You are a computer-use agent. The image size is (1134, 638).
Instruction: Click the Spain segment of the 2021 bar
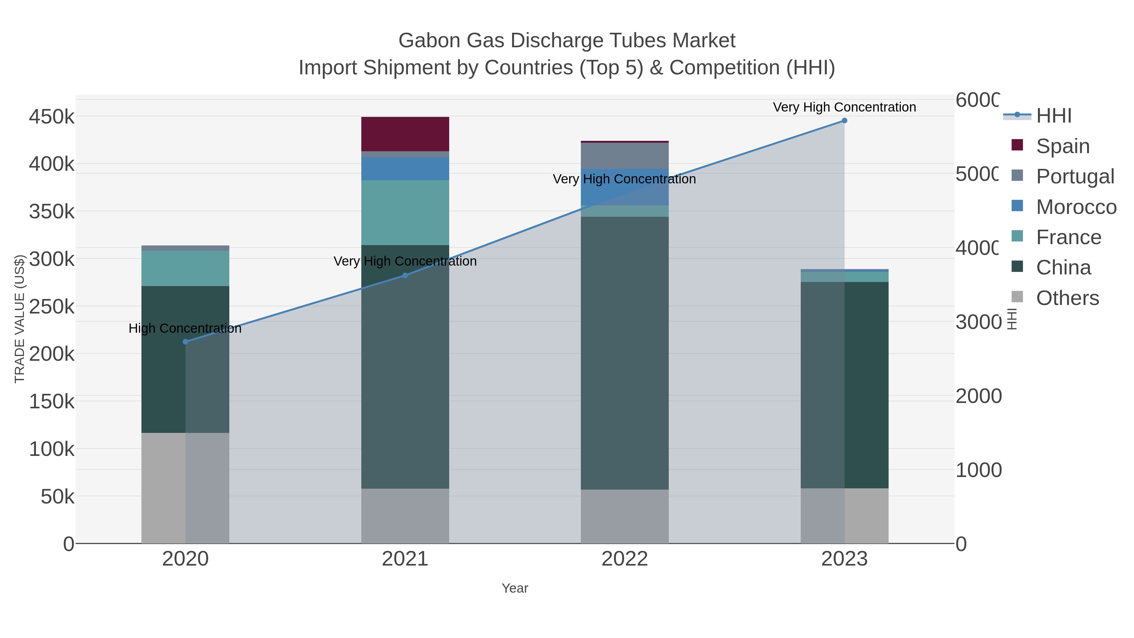point(405,134)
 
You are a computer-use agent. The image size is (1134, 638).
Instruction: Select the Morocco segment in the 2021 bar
point(405,169)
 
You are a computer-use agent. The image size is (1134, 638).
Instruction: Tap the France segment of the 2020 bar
point(185,268)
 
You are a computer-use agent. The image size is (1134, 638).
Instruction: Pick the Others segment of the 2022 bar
point(625,516)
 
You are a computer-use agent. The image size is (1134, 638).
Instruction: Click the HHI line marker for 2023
point(844,121)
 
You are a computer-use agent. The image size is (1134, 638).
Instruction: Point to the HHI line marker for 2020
point(185,342)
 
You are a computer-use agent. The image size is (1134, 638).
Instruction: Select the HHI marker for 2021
point(405,275)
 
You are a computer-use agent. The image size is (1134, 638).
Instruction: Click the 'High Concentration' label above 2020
point(185,329)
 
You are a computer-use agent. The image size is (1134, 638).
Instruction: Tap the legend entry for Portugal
point(1074,176)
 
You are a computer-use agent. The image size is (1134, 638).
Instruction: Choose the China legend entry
point(1063,268)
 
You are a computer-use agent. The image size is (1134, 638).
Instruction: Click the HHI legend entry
point(1053,116)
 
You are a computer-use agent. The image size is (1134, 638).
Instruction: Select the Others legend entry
point(1067,298)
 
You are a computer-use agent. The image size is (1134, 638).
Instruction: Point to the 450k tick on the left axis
point(52,117)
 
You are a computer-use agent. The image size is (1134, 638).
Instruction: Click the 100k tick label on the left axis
point(52,449)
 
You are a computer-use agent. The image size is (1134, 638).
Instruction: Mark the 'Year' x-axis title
point(515,588)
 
